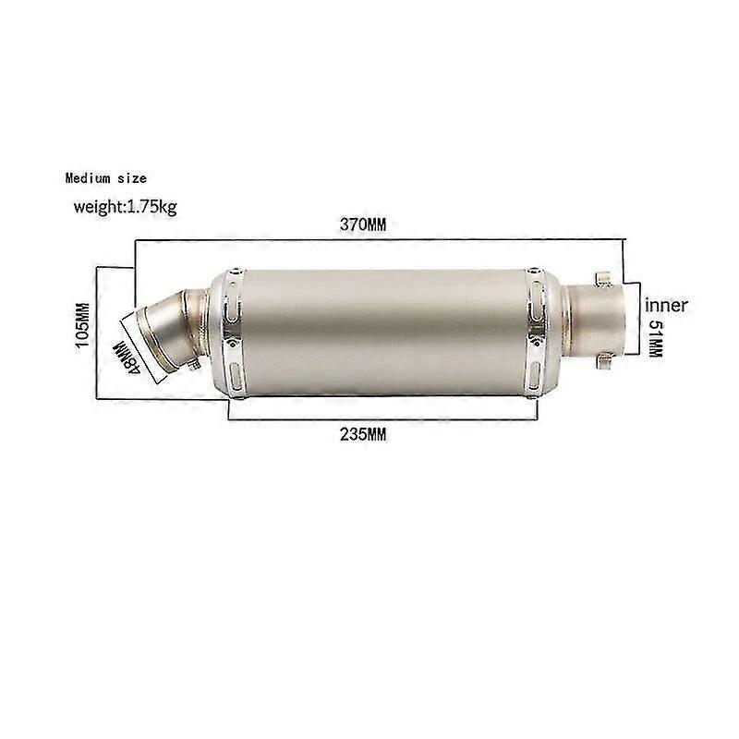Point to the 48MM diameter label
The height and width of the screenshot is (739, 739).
coord(127,355)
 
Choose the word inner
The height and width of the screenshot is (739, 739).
coord(667,305)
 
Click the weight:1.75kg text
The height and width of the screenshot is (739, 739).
coord(125,205)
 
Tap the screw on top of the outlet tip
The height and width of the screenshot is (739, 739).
coord(602,274)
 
